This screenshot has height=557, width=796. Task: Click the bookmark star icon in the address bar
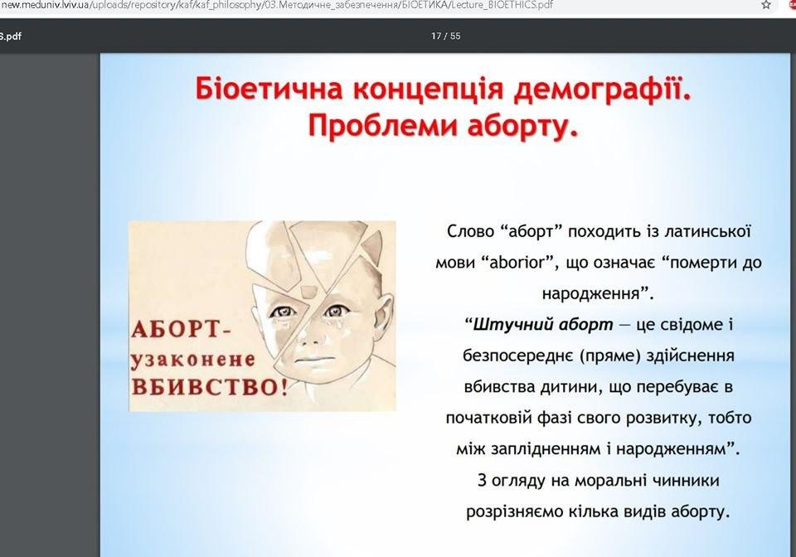(x=766, y=5)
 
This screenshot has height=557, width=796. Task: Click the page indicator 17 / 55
(x=446, y=36)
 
